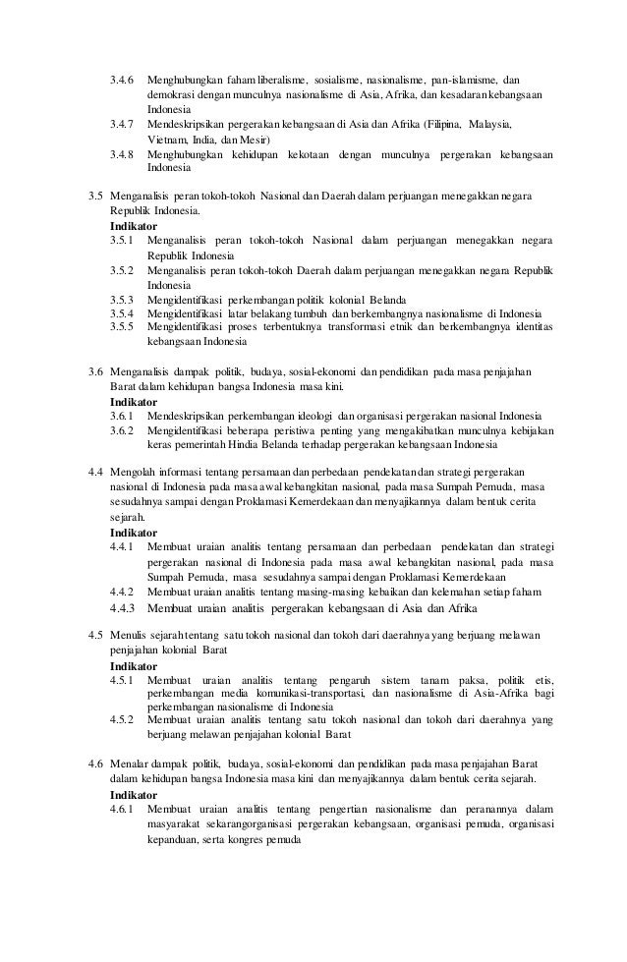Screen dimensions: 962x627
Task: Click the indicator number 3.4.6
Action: click(121, 79)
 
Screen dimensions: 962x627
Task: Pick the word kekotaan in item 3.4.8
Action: click(301, 154)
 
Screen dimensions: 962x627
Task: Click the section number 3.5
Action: click(95, 197)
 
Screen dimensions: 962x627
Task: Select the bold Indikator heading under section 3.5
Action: click(134, 225)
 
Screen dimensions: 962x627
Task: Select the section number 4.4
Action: click(95, 474)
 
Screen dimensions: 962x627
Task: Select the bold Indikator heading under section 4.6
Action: click(134, 794)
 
